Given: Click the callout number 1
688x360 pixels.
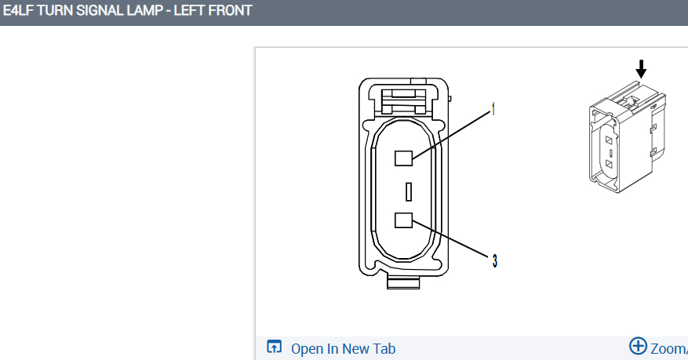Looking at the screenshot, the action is tap(494, 111).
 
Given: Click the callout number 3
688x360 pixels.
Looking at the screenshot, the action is tap(494, 260).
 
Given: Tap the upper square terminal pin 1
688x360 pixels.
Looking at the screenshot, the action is tap(403, 158).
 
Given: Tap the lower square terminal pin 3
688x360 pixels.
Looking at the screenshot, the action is tap(403, 220).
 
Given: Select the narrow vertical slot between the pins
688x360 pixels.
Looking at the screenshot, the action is tap(408, 191).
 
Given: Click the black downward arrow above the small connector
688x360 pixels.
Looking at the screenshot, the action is tap(641, 68).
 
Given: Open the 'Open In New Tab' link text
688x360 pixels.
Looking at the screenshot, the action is tap(343, 349).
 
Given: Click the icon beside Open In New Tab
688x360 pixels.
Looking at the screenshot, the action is tap(274, 347).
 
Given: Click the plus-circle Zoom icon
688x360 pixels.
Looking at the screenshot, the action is tap(638, 346).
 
